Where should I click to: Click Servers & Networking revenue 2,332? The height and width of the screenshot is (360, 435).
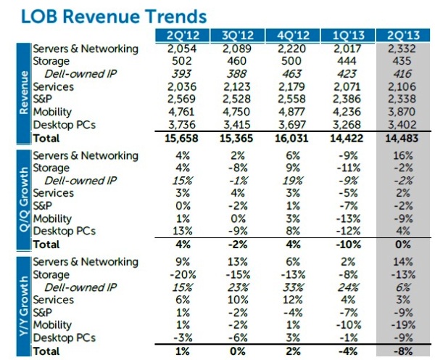[x=408, y=49]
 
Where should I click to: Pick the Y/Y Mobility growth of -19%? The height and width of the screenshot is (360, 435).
[x=410, y=326]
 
